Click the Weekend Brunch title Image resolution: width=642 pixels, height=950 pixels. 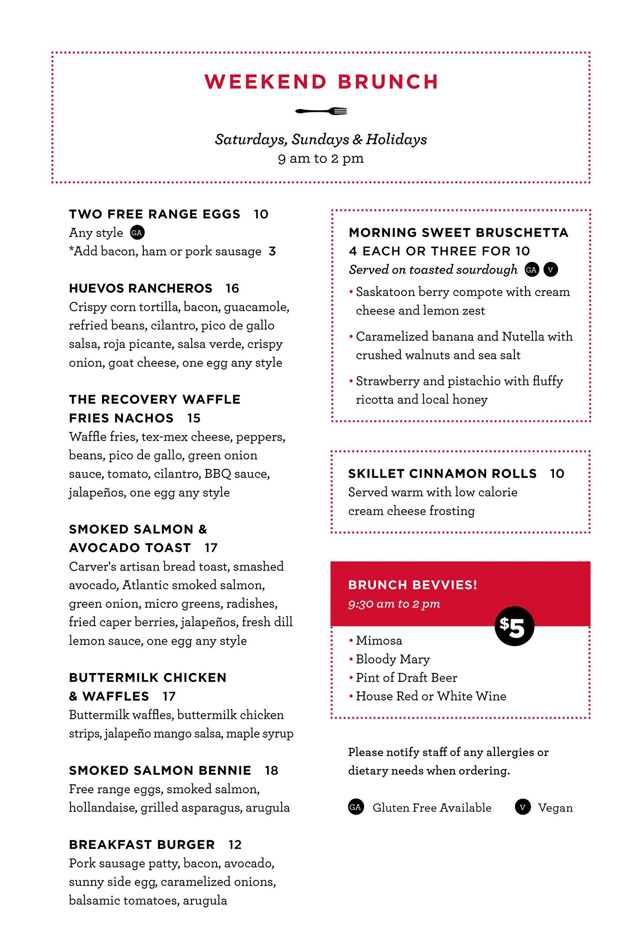coord(321,82)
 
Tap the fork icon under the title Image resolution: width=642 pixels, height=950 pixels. coord(321,111)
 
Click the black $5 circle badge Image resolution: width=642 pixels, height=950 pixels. coord(514,626)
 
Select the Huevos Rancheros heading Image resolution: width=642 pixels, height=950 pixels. coord(141,289)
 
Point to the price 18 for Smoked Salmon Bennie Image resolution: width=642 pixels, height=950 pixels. coord(271,770)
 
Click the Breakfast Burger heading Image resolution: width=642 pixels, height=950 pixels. coord(142,845)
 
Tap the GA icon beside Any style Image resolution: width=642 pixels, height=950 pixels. coord(136,233)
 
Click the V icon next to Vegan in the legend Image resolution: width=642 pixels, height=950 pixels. coord(522,808)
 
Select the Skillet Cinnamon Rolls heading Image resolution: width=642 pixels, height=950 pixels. coord(443,474)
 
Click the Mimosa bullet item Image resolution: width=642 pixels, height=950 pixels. coord(379,641)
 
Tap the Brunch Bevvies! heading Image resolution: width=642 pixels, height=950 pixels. coord(412,585)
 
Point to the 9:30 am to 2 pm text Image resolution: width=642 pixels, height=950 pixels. coord(394,604)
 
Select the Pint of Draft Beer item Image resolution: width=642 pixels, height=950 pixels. coord(406,678)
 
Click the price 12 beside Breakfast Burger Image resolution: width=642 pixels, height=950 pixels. coord(235,845)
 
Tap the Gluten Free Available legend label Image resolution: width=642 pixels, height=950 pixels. coord(432,808)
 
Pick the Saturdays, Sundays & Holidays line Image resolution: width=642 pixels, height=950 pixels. coord(321,140)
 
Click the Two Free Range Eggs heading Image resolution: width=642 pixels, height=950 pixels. coord(155,214)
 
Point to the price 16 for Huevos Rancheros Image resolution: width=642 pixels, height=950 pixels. coord(232,289)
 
